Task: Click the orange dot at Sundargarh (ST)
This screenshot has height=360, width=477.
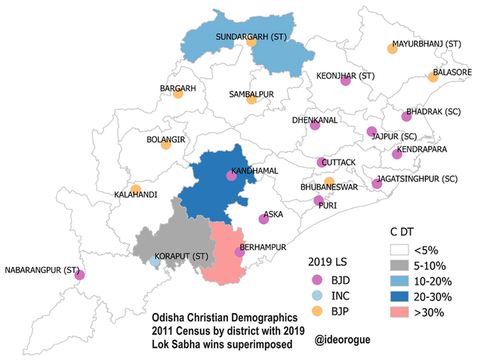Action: point(252,42)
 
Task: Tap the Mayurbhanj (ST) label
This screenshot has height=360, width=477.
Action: point(427,45)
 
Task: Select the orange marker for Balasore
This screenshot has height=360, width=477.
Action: point(432,77)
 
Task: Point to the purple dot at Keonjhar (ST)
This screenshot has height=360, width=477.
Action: point(345,81)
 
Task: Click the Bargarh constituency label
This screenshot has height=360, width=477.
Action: point(178,88)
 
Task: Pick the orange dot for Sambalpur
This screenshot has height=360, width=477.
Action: point(252,99)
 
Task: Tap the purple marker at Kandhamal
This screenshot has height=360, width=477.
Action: point(231,177)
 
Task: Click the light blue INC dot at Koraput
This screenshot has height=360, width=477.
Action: point(154,262)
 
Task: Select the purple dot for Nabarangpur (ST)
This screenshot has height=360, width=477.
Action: point(80,275)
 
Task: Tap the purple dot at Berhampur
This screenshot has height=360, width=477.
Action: point(239,252)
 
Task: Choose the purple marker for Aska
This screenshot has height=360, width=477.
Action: point(263,219)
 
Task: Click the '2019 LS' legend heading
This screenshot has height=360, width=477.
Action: point(329,262)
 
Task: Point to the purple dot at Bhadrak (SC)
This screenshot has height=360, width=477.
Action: point(406,116)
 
